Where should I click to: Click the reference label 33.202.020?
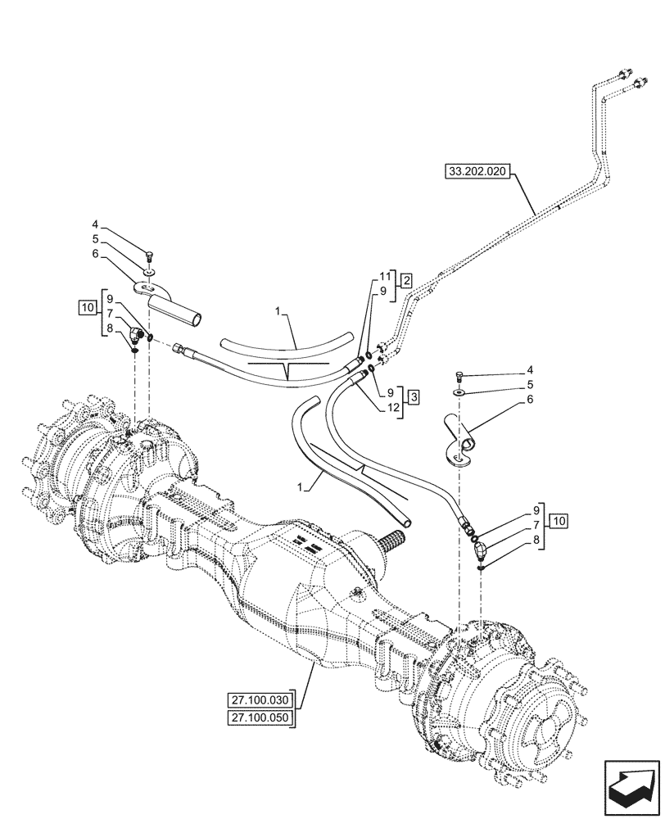[x=477, y=172]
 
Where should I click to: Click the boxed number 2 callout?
[x=407, y=281]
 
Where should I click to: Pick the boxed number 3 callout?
[x=415, y=396]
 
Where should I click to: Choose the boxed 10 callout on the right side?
[x=558, y=520]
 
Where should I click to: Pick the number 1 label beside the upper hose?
[x=279, y=312]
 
